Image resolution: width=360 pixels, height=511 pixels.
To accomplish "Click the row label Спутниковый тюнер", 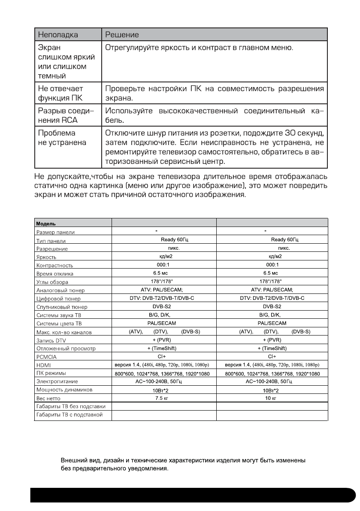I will (61, 307).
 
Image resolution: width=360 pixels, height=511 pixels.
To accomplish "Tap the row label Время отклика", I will (54, 274).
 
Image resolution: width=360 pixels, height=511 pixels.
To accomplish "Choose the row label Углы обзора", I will (52, 282).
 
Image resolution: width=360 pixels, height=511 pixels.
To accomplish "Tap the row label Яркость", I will (46, 257).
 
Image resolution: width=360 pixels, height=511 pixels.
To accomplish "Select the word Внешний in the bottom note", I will (74, 461).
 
